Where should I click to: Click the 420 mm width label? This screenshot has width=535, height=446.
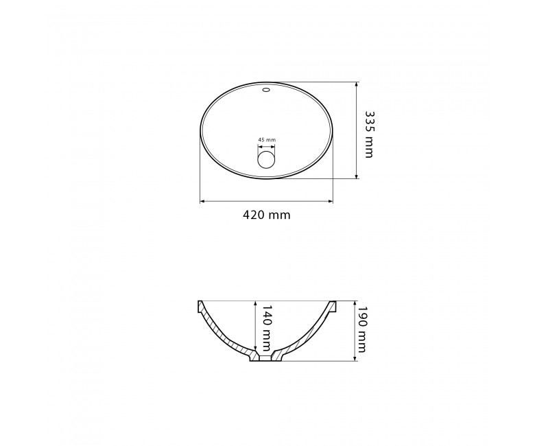267,215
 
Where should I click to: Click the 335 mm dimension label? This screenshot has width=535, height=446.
369,134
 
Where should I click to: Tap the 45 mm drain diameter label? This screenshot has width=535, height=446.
267,139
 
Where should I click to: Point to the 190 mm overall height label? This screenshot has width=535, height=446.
361,329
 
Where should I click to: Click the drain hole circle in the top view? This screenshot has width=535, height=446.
266,160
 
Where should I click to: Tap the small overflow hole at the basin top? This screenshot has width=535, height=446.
266,90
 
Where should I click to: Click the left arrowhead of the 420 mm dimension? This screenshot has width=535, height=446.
202,201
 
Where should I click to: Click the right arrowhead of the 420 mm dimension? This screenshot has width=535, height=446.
331,201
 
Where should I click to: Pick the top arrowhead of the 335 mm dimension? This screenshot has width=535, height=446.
356,84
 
